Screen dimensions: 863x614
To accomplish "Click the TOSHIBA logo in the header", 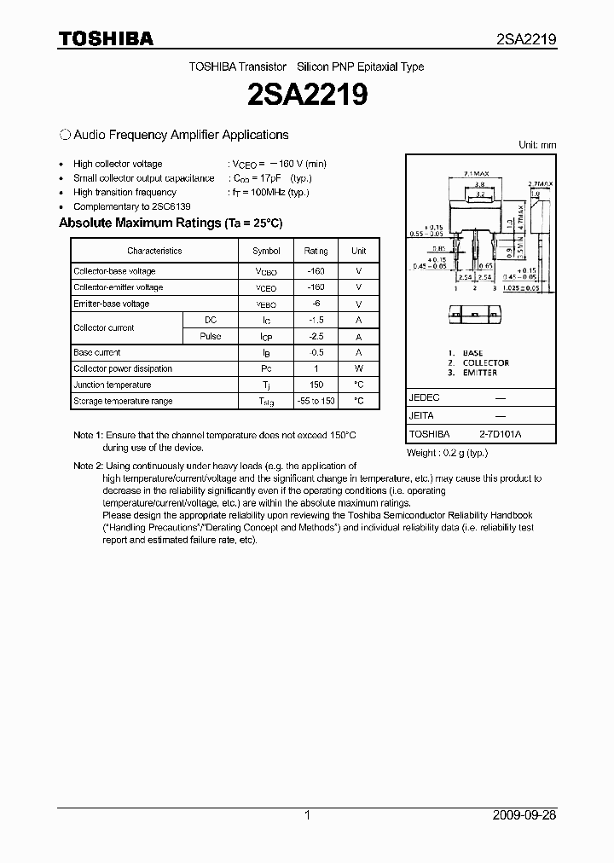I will [x=106, y=38].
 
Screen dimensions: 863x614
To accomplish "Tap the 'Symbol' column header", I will [x=266, y=251].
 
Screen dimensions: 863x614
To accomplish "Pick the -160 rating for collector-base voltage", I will [x=316, y=271].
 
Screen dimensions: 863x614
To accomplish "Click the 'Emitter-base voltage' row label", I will [x=111, y=304].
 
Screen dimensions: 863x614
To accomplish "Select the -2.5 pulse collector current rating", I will [x=316, y=336].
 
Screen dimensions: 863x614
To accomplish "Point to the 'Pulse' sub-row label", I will [x=211, y=336].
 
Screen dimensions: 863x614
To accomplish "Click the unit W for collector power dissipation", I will [x=359, y=368].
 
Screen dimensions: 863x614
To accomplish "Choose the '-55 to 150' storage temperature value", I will [x=316, y=401].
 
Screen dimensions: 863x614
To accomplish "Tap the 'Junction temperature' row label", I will [x=112, y=385].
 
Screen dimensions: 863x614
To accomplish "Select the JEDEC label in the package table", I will [x=424, y=398].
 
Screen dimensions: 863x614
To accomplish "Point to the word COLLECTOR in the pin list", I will [x=486, y=362].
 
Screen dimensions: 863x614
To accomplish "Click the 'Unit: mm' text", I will [x=537, y=145].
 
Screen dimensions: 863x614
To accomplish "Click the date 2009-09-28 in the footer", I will [x=524, y=814].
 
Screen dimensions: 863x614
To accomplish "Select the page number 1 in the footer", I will [x=307, y=814].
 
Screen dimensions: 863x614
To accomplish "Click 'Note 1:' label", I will [x=88, y=435].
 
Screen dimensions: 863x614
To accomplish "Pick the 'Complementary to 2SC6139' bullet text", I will [x=131, y=206].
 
